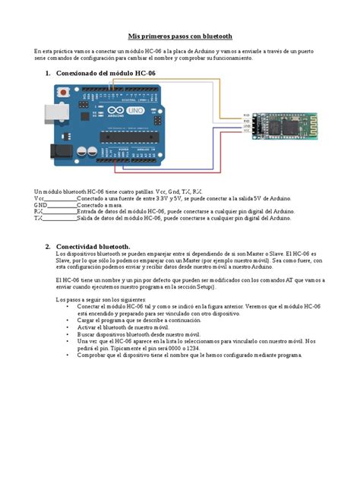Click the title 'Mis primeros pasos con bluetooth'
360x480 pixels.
tap(180, 36)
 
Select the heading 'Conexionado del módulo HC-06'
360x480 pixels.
tap(105, 74)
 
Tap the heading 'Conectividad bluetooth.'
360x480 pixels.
tap(93, 247)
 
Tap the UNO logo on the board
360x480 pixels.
tap(133, 112)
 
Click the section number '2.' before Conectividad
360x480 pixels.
tap(47, 247)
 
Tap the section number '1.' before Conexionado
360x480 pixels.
tap(47, 74)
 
